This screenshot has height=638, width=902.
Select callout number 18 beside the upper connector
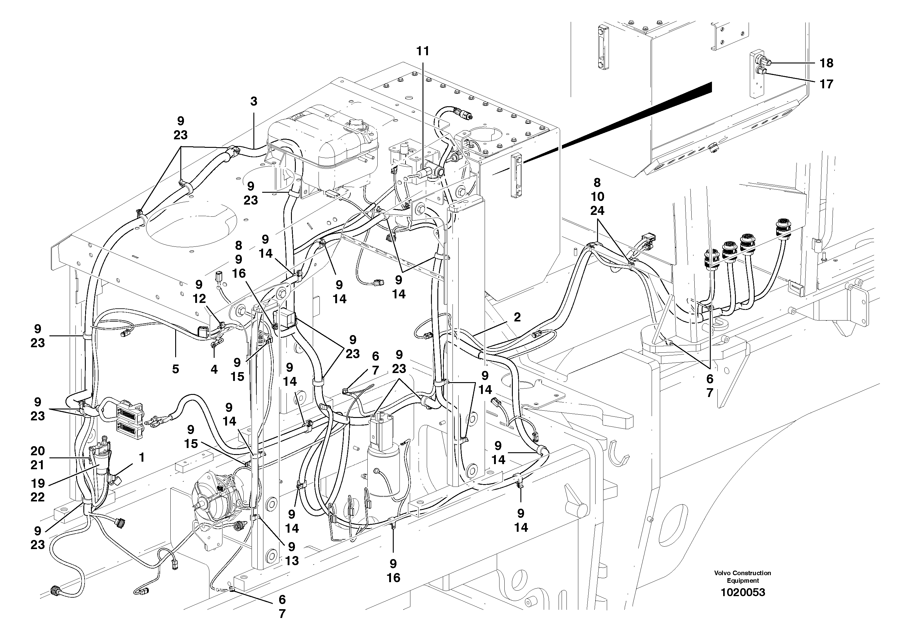click(827, 63)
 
